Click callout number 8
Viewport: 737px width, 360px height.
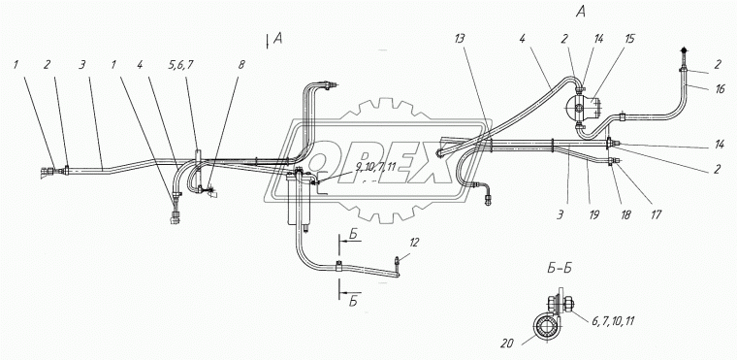click(x=241, y=65)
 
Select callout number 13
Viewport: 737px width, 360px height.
click(x=460, y=40)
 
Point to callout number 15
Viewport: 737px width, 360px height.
click(x=629, y=39)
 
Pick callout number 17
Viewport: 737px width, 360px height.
click(x=657, y=215)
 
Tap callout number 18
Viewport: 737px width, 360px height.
click(x=625, y=215)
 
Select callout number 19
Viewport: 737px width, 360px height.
click(x=594, y=215)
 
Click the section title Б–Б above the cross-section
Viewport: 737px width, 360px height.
click(x=559, y=269)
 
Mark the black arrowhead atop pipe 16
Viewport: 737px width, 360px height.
click(x=684, y=50)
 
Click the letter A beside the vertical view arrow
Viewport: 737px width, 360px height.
click(x=277, y=40)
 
